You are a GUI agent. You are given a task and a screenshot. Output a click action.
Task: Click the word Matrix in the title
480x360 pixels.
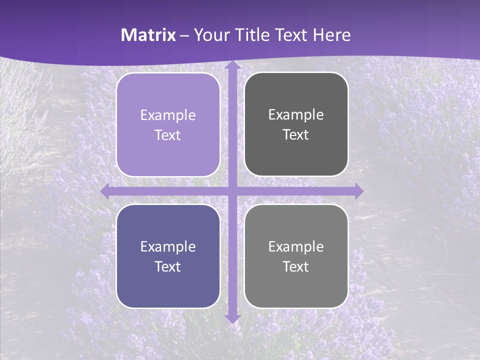pyautogui.click(x=148, y=35)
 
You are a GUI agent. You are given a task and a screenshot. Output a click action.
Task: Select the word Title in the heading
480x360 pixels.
pyautogui.click(x=253, y=35)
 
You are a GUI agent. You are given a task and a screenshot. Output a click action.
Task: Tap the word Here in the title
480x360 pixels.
pyautogui.click(x=332, y=35)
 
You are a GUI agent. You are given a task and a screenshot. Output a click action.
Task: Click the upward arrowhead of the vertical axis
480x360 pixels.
pyautogui.click(x=232, y=65)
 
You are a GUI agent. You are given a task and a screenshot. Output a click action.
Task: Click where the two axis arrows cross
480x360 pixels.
pyautogui.click(x=232, y=191)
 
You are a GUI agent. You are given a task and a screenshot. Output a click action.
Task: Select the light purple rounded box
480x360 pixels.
pyautogui.click(x=168, y=124)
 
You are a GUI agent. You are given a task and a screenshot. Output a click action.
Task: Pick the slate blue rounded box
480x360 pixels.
pyautogui.click(x=168, y=256)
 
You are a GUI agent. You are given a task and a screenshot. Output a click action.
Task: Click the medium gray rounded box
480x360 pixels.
pyautogui.click(x=296, y=256)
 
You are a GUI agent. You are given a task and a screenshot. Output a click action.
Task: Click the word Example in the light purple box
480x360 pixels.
pyautogui.click(x=168, y=115)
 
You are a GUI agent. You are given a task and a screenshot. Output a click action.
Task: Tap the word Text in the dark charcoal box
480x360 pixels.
pyautogui.click(x=296, y=135)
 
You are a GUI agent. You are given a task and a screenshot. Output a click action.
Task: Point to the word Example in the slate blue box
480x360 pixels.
pyautogui.click(x=168, y=247)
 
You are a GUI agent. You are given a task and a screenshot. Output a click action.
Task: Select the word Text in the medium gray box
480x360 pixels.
pyautogui.click(x=296, y=267)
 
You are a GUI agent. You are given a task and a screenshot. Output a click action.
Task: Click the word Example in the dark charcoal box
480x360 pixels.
pyautogui.click(x=296, y=115)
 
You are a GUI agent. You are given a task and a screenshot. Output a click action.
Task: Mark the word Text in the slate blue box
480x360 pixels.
pyautogui.click(x=168, y=267)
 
